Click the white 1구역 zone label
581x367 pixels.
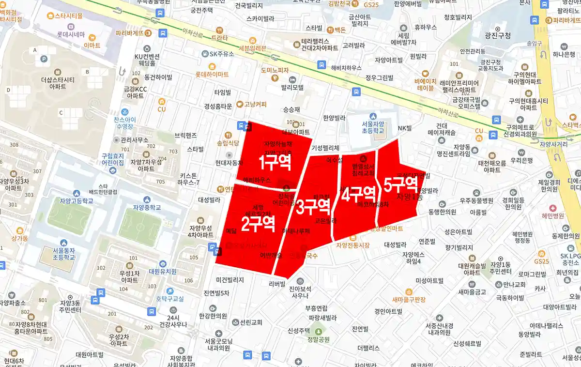275,163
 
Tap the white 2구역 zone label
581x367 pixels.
258,223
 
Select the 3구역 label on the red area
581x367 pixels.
313,207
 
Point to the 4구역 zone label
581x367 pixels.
358,194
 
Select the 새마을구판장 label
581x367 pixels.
409,300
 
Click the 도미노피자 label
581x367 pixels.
274,70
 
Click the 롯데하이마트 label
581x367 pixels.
212,75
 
